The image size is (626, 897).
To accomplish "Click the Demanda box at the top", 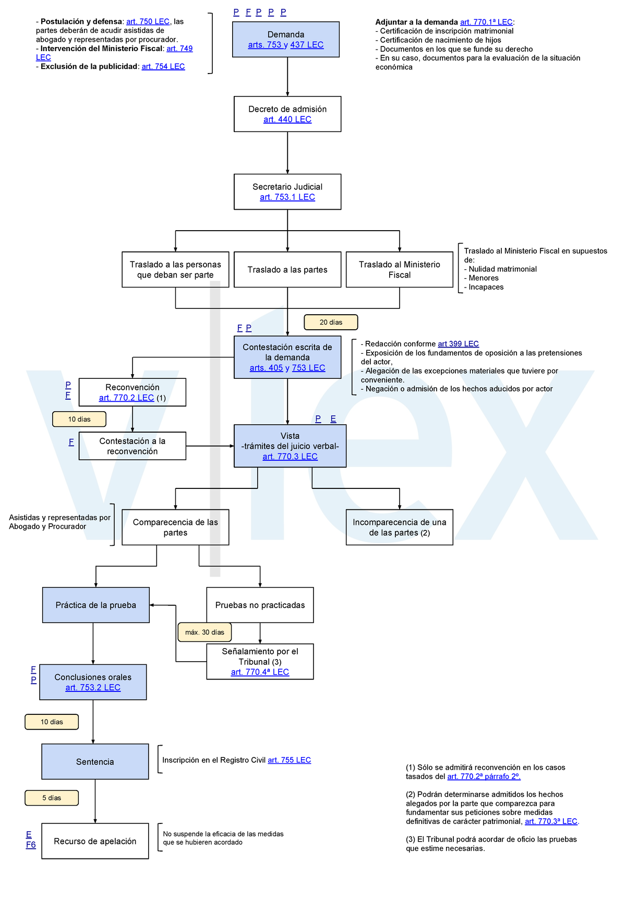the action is point(286,39).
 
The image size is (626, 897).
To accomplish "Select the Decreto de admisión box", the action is point(287,114).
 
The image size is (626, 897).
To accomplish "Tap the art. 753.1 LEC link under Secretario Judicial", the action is point(287,197).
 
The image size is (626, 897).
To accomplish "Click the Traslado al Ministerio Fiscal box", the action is point(400,269).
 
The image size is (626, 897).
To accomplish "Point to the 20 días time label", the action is point(331,322).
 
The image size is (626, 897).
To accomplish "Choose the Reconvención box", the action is point(133,392).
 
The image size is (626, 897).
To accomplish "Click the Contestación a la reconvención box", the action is point(133,446).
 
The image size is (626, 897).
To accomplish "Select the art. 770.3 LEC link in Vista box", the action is point(290,457).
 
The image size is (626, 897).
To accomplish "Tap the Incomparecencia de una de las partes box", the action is point(400,528).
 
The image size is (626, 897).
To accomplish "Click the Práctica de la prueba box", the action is point(96,605).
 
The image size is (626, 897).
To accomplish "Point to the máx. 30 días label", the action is point(204,632).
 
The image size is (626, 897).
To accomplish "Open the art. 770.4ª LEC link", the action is point(260,672).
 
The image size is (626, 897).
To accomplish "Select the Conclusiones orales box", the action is point(93,682).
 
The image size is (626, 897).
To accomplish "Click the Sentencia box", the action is point(95,762).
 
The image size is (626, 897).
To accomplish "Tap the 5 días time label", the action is point(52,798).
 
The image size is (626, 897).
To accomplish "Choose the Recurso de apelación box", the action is point(95,841).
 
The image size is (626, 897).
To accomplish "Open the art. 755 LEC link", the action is point(289,760).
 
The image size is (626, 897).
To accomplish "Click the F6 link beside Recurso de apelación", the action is point(31,845).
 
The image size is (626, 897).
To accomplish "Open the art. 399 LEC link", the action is point(458,344).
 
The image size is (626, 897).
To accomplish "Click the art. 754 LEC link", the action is point(163,66).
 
